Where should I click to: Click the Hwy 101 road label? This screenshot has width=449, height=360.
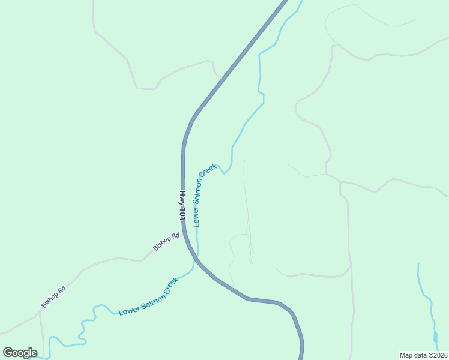(x=182, y=205)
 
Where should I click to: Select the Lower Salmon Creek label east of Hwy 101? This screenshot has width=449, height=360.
(x=204, y=195)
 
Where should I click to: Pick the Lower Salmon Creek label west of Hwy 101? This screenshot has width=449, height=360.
(x=148, y=297)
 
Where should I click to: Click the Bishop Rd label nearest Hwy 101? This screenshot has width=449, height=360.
(x=166, y=242)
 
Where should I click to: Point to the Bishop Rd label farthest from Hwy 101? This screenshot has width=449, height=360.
(x=53, y=297)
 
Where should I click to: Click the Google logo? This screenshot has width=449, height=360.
(x=20, y=353)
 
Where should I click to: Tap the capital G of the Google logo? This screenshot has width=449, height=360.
(x=8, y=352)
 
